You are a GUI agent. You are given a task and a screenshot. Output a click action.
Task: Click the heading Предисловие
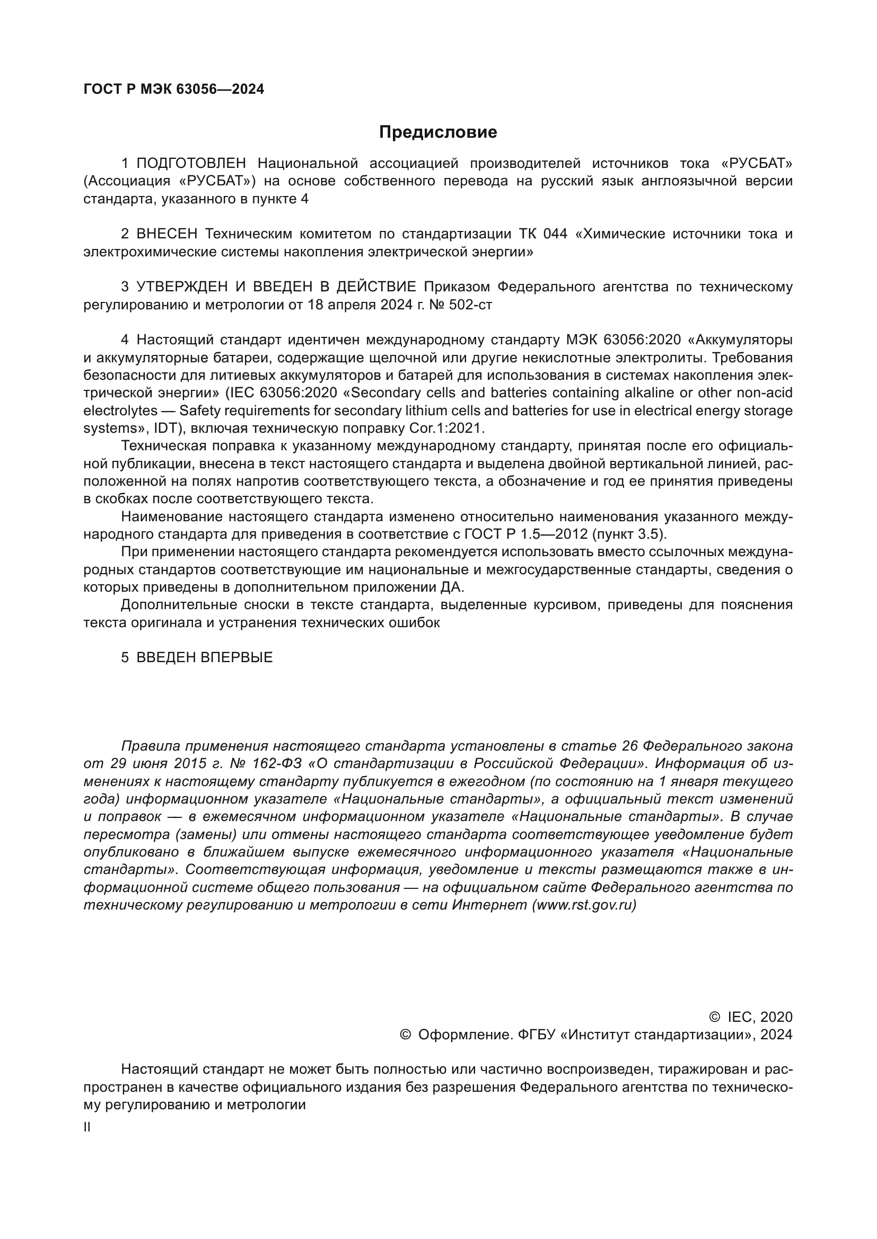(x=438, y=132)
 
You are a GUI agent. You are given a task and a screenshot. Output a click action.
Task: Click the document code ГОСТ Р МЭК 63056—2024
(x=174, y=90)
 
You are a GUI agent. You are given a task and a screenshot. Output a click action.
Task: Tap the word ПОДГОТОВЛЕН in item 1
(x=191, y=163)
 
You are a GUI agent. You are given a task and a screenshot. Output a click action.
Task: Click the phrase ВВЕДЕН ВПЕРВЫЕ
(x=205, y=658)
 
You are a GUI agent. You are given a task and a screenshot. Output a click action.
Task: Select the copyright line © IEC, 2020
(x=751, y=1017)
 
